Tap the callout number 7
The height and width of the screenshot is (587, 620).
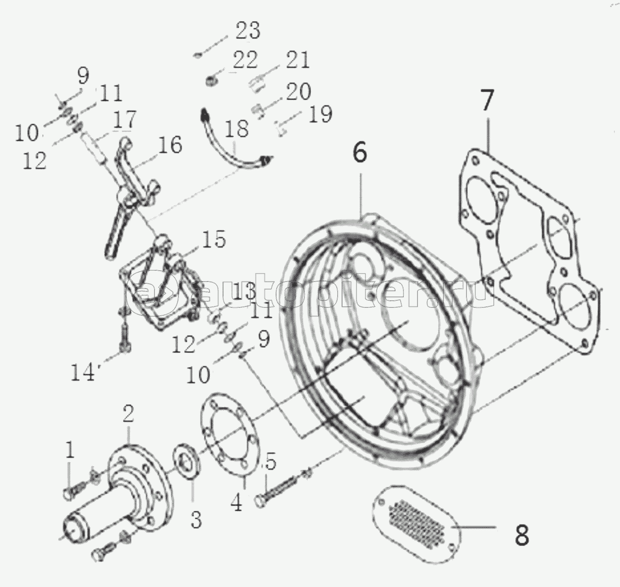tap(487, 100)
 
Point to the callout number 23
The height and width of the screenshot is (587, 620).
tap(248, 31)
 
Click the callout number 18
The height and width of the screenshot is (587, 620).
tap(236, 128)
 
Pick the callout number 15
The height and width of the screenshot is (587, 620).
tap(214, 239)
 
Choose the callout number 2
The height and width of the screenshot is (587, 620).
tap(128, 414)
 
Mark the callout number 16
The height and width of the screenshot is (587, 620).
tap(170, 145)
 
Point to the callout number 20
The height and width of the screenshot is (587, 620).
tap(298, 92)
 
